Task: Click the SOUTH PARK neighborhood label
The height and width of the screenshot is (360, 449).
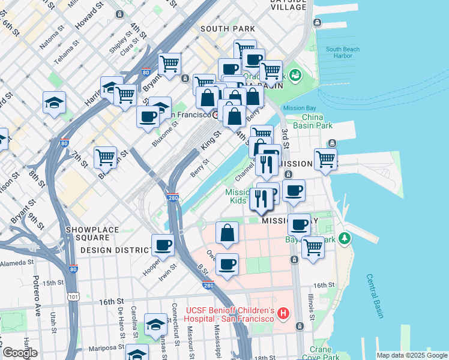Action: [x=228, y=29]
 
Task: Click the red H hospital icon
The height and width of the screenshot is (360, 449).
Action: [x=283, y=313]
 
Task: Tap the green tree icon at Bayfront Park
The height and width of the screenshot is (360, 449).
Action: [x=345, y=238]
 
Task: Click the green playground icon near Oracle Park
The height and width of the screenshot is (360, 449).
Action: [x=295, y=75]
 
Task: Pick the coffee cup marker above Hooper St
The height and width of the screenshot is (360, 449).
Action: [x=163, y=245]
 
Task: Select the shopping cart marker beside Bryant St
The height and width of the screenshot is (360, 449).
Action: [x=170, y=62]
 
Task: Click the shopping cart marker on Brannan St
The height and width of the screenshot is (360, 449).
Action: [x=106, y=157]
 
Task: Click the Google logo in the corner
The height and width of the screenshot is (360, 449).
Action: [x=20, y=353]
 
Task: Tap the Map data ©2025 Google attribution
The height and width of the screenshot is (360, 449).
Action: [x=411, y=355]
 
